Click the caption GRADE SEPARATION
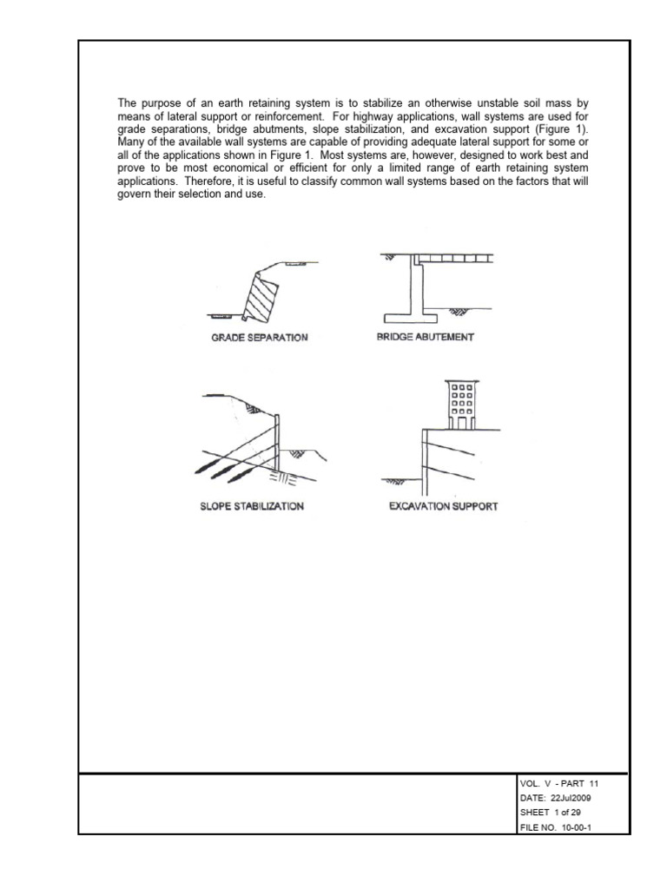260,337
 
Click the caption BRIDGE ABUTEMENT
425,337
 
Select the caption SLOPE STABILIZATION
252,506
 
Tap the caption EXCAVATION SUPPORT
443,506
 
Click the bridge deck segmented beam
452,259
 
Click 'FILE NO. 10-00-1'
553,827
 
